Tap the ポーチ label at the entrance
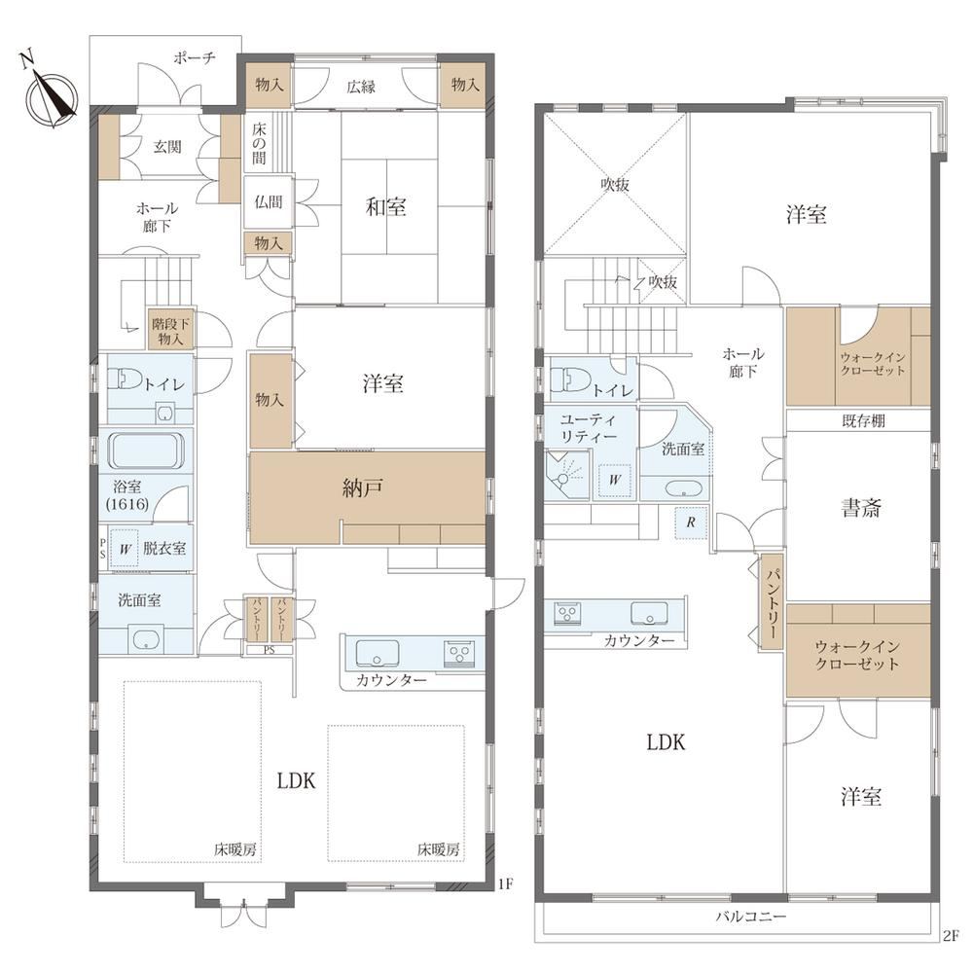coord(195,58)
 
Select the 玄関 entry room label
coord(167,147)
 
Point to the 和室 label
coord(386,206)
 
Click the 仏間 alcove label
coord(269,201)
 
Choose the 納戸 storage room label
coord(362,489)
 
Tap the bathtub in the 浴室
coord(146,450)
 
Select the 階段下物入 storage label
coord(170,331)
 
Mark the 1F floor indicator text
coord(506,883)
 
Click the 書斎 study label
coord(861,509)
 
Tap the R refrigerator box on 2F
coord(691,523)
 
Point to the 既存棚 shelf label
coord(863,420)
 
